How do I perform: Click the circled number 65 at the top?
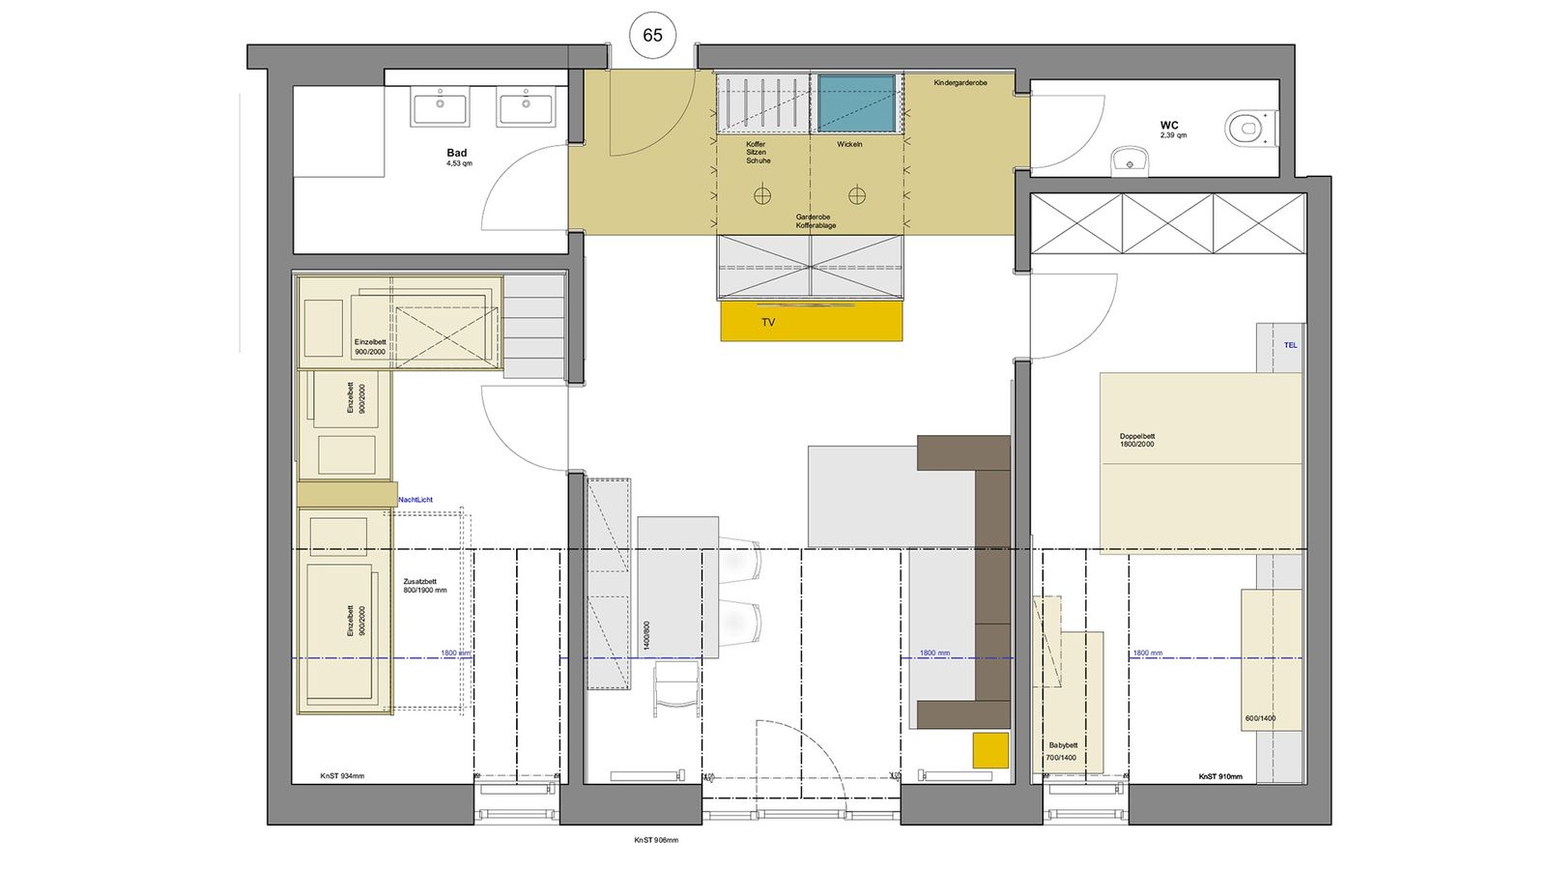click(652, 36)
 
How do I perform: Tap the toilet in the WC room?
click(1250, 128)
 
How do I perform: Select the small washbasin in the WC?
click(1129, 160)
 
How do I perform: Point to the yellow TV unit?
click(811, 322)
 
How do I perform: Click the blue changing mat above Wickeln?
click(856, 103)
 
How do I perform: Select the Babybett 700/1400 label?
click(1062, 751)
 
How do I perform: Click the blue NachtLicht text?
click(415, 500)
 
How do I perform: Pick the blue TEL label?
click(1290, 345)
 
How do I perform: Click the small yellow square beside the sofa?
click(990, 750)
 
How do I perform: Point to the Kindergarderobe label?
click(960, 83)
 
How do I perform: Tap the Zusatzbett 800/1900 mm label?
click(425, 586)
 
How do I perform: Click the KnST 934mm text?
click(342, 776)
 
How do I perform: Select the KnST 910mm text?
click(1220, 776)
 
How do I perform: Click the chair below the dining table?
click(677, 688)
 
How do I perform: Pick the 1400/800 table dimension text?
click(646, 639)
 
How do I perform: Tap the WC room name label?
click(1169, 126)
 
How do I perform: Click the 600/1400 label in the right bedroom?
click(1260, 718)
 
